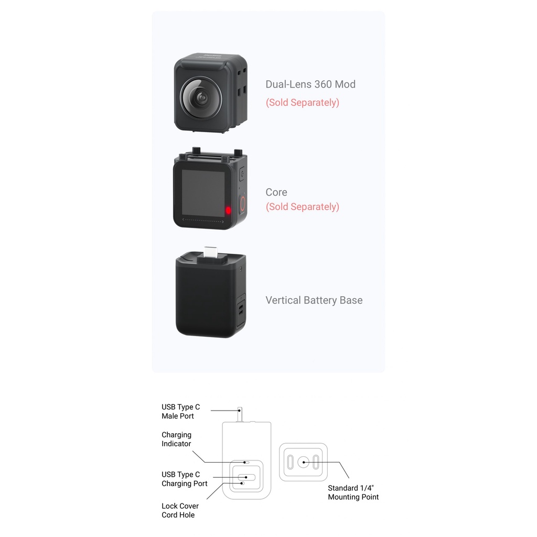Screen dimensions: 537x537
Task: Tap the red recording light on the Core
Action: tap(228, 210)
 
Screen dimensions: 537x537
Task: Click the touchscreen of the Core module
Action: tap(203, 192)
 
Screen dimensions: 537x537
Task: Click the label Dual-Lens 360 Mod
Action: tap(310, 84)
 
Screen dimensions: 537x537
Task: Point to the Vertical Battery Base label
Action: tap(314, 300)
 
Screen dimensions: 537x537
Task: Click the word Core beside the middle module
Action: tap(276, 192)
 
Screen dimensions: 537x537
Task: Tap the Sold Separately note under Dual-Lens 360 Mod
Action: tap(303, 102)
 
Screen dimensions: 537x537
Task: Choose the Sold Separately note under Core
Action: tap(303, 207)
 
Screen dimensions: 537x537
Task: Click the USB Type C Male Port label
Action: tap(180, 411)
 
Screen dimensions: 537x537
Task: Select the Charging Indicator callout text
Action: tap(176, 439)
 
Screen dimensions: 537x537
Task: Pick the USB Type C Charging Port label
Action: tap(184, 479)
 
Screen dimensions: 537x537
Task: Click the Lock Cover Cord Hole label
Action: tap(180, 510)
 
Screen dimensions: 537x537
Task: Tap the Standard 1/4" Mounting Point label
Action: tap(353, 492)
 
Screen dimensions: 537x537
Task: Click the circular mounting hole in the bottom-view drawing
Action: tap(304, 463)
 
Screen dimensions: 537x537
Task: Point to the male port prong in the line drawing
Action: tap(240, 414)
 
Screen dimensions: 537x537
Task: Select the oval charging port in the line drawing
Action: tap(246, 477)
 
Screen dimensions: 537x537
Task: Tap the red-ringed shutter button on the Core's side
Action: tap(242, 204)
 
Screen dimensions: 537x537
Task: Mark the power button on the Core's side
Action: tap(242, 174)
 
